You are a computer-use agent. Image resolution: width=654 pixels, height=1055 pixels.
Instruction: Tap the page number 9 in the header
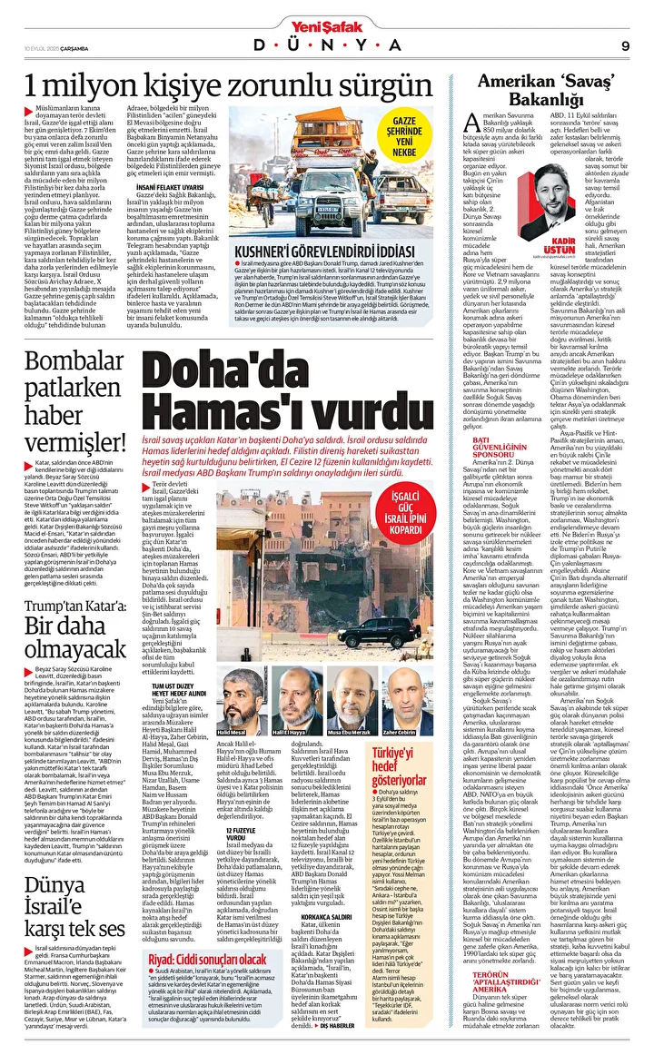pyautogui.click(x=626, y=45)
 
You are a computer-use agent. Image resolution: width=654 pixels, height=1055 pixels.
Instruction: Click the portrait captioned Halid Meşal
pyautogui.click(x=232, y=696)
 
